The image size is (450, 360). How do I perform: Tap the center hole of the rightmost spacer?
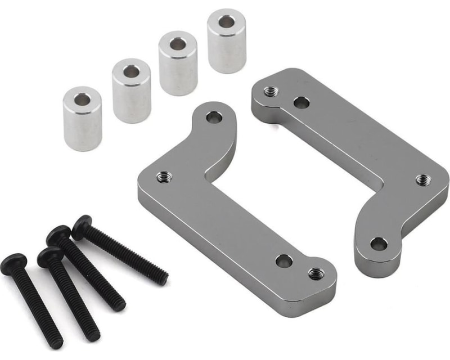[x=226, y=22]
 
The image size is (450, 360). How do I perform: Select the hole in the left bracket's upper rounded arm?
[x=214, y=118]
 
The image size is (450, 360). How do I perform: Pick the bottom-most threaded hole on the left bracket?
[x=316, y=274]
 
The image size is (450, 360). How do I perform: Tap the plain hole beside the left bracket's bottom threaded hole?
[x=284, y=260]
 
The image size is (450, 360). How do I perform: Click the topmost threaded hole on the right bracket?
[x=271, y=91]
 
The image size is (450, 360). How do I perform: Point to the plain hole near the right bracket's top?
[x=301, y=103]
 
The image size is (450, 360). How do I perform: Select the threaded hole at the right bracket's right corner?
[x=423, y=181]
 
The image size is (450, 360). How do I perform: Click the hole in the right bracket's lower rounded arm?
[x=378, y=244]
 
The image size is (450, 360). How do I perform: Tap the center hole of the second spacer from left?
[x=132, y=71]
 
